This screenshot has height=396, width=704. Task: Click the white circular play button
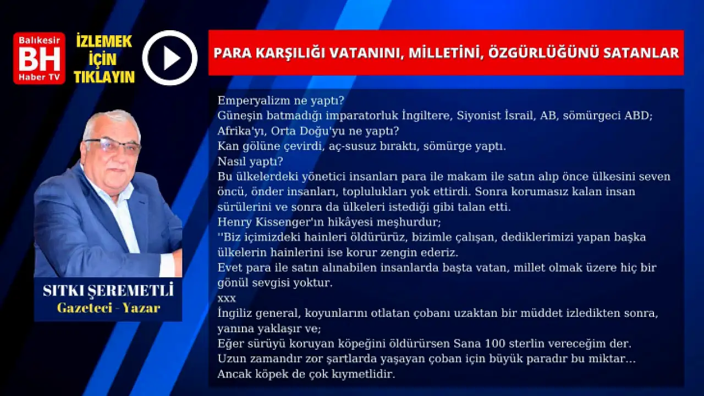pyautogui.click(x=170, y=58)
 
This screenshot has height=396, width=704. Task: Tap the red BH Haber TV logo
pyautogui.click(x=39, y=58)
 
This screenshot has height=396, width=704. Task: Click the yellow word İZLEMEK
pyautogui.click(x=104, y=41)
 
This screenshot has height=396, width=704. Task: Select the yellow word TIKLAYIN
pyautogui.click(x=105, y=76)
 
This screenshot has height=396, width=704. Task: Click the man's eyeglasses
pyautogui.click(x=113, y=146)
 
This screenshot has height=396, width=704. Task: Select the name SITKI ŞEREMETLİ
pyautogui.click(x=108, y=291)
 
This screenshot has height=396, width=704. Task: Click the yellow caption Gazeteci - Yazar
pyautogui.click(x=109, y=308)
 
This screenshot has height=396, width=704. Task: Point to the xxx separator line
pyautogui.click(x=227, y=299)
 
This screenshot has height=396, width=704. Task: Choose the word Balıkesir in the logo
pyautogui.click(x=39, y=40)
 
